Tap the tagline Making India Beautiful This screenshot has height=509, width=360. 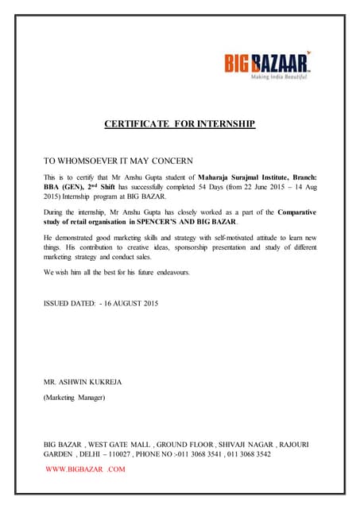[280, 79]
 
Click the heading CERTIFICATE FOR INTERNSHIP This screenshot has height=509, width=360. [180, 124]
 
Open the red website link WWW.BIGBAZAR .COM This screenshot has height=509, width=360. [86, 469]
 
